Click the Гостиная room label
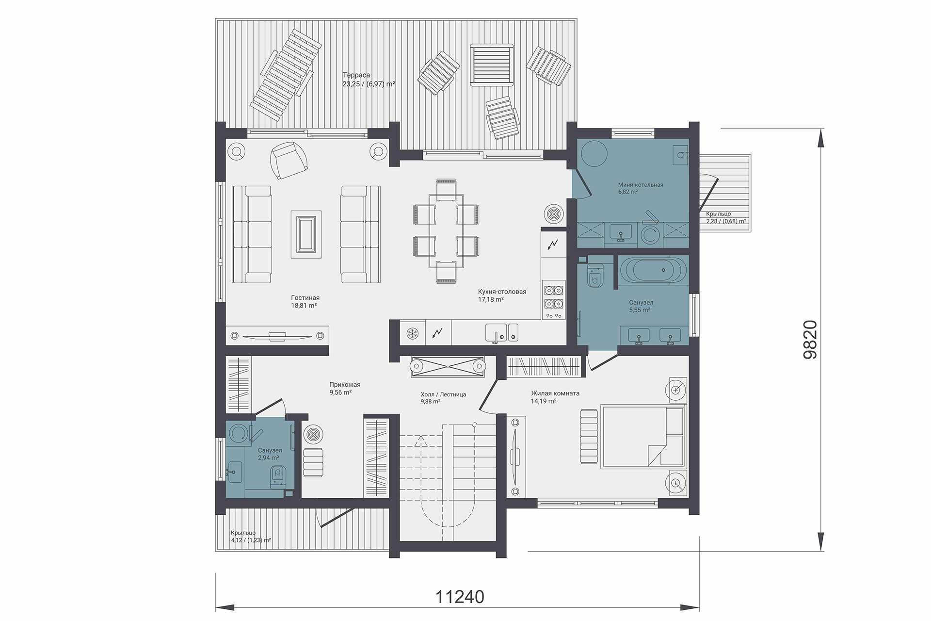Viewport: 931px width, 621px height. point(305,298)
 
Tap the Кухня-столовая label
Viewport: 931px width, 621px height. point(502,292)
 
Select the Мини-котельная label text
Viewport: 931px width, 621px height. point(641,185)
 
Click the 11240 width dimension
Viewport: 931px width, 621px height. point(460,597)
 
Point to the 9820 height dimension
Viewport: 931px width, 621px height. point(810,340)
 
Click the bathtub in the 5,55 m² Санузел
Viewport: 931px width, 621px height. point(653,270)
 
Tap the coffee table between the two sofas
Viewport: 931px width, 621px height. point(306,234)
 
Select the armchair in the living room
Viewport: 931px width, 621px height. point(289,160)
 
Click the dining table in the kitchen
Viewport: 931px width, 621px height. point(446,231)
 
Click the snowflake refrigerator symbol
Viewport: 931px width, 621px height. point(412,333)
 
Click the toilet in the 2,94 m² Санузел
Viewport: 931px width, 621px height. point(277,475)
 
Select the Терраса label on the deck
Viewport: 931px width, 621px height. point(356,75)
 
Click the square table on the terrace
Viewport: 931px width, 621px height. point(492,65)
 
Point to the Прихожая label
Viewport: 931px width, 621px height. point(345,385)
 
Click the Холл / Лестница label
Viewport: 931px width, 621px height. point(443,394)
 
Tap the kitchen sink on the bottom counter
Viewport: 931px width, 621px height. point(501,333)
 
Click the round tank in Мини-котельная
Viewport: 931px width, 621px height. point(594,154)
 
